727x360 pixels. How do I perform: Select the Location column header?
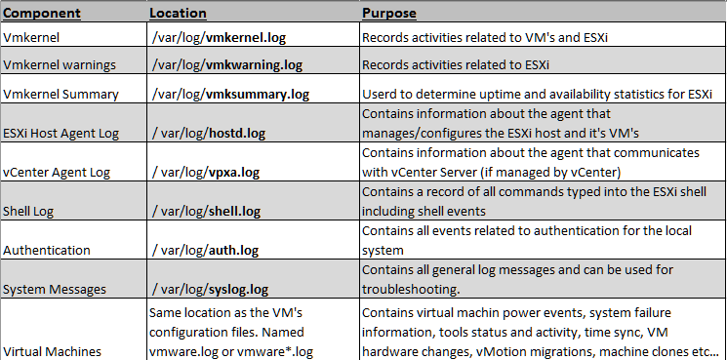[x=178, y=14]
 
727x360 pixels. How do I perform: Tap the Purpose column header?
[x=389, y=14]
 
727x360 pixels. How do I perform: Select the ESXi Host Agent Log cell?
[x=61, y=132]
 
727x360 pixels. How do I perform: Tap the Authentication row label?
[x=48, y=249]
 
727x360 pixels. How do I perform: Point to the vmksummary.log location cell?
[x=229, y=95]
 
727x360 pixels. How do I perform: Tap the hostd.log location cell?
[x=209, y=132]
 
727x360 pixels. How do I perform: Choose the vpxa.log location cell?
[x=207, y=171]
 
